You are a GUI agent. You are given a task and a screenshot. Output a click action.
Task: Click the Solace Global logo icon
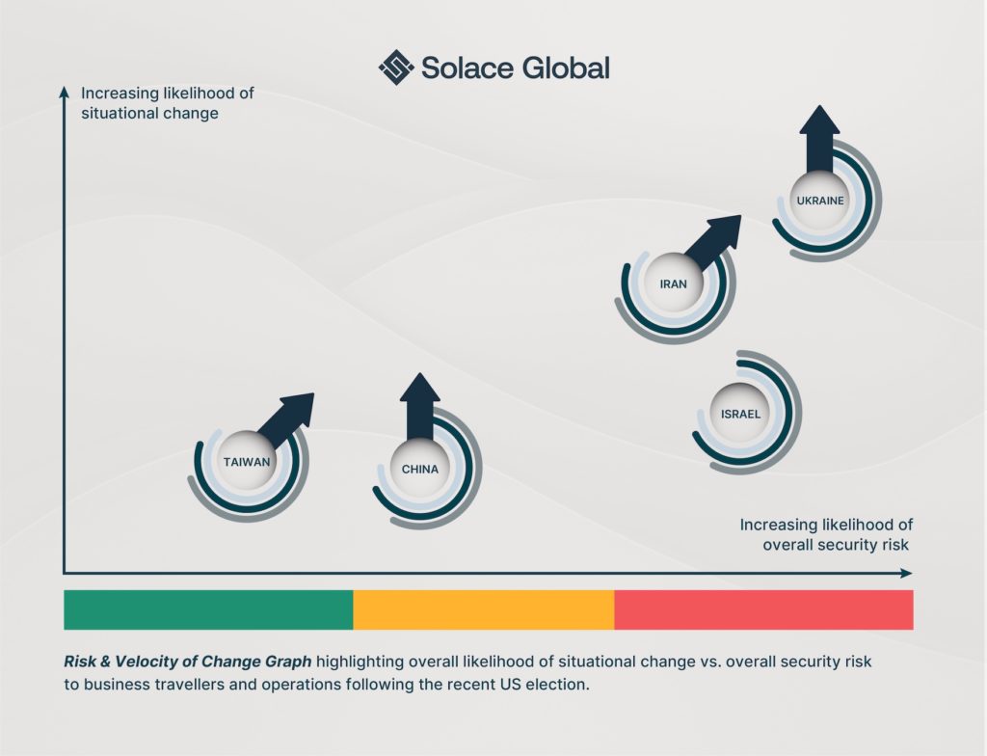pos(395,67)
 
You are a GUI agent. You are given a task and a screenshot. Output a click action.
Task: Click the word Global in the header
pos(567,67)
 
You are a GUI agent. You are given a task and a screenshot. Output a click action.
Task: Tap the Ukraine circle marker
pos(820,201)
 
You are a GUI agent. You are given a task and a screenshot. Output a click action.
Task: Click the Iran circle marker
pos(673,284)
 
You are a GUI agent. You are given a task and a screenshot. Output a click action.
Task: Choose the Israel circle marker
pos(740,414)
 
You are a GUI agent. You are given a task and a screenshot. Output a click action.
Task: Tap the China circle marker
pos(420,470)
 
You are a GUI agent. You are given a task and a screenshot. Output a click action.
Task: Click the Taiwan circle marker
pos(247,461)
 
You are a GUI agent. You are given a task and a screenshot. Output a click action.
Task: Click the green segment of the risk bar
pos(208,609)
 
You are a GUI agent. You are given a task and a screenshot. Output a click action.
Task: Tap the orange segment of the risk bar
pos(483,609)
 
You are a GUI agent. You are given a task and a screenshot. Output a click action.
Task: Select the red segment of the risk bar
pos(763,609)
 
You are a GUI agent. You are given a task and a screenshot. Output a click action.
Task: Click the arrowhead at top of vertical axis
pos(64,92)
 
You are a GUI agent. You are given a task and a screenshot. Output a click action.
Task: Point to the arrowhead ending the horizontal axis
pos(906,573)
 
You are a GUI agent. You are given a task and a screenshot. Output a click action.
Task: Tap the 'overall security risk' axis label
pos(836,544)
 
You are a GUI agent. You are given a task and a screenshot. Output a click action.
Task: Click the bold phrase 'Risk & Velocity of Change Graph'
pos(187,662)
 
